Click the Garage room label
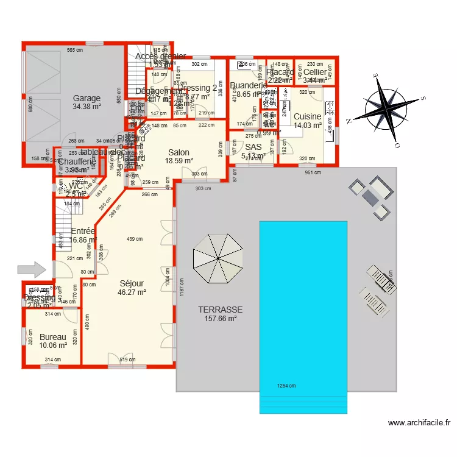(x=87, y=98)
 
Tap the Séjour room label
(x=132, y=283)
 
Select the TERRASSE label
(x=221, y=310)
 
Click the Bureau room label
(x=52, y=337)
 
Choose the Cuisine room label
(x=307, y=117)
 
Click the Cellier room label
(x=315, y=72)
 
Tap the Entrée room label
(x=83, y=232)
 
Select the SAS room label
(x=253, y=147)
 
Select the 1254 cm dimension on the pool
(x=286, y=386)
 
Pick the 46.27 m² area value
(x=132, y=292)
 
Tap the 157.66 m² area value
(x=221, y=318)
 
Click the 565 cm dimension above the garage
(x=74, y=50)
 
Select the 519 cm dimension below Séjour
(x=127, y=360)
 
